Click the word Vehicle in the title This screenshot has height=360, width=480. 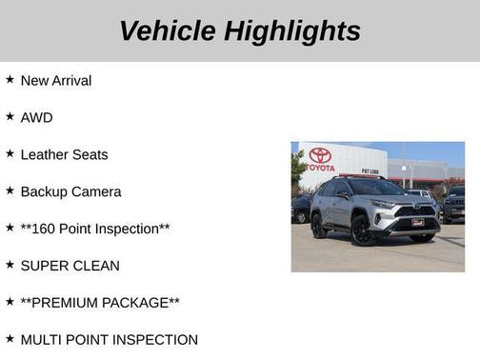[x=168, y=30]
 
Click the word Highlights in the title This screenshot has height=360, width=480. [x=292, y=30]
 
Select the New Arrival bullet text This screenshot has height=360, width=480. [x=56, y=81]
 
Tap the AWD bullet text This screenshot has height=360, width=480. [x=36, y=118]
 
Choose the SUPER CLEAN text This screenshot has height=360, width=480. [x=70, y=267]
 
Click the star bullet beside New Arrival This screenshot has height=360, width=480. [x=10, y=80]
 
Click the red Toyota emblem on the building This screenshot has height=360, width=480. [x=321, y=154]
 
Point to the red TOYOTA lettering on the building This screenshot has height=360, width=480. [x=321, y=167]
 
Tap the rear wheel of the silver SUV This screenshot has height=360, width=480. [x=319, y=227]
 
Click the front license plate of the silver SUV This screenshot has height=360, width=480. [x=417, y=223]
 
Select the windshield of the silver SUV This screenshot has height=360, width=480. [x=372, y=189]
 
